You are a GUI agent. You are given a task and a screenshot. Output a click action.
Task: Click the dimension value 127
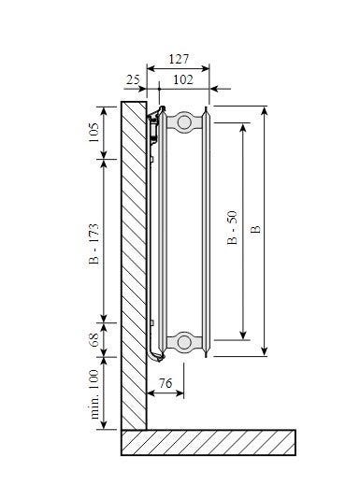[x=179, y=59]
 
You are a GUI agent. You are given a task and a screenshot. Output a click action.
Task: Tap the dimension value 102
[x=183, y=79]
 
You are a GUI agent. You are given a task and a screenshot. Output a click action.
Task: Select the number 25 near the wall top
[x=133, y=79]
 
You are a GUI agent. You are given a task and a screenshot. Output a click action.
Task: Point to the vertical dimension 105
[x=94, y=133]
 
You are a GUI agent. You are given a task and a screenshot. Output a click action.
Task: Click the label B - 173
[x=94, y=244]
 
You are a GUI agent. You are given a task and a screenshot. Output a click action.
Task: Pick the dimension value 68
[x=94, y=340]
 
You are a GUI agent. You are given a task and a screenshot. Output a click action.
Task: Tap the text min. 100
[x=94, y=394]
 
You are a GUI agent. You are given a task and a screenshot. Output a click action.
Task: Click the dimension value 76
[x=166, y=383]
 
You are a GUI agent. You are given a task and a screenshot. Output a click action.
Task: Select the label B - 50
[x=232, y=228]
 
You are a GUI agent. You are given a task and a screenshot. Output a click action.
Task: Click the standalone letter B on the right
[x=255, y=229]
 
